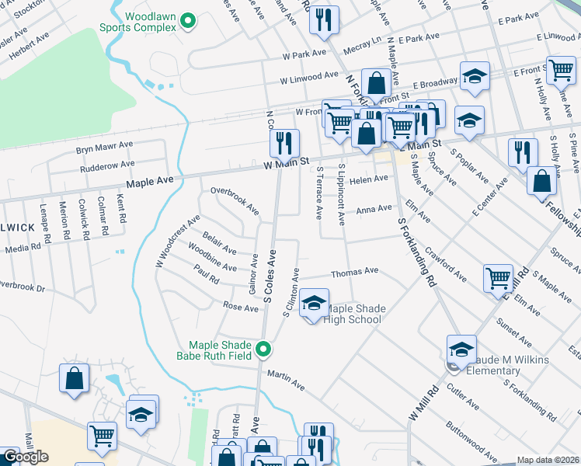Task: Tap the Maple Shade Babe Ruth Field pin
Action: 263,350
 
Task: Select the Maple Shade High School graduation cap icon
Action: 314,304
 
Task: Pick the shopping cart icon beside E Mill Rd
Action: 497,278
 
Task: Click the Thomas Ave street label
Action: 354,272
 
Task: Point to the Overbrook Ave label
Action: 235,200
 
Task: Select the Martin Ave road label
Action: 284,378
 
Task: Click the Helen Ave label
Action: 368,179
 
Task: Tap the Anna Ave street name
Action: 374,209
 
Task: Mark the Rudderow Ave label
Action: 106,165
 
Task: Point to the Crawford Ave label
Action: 446,266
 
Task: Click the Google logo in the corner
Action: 25,457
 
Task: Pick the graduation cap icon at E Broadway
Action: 474,76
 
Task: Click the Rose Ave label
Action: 240,308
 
